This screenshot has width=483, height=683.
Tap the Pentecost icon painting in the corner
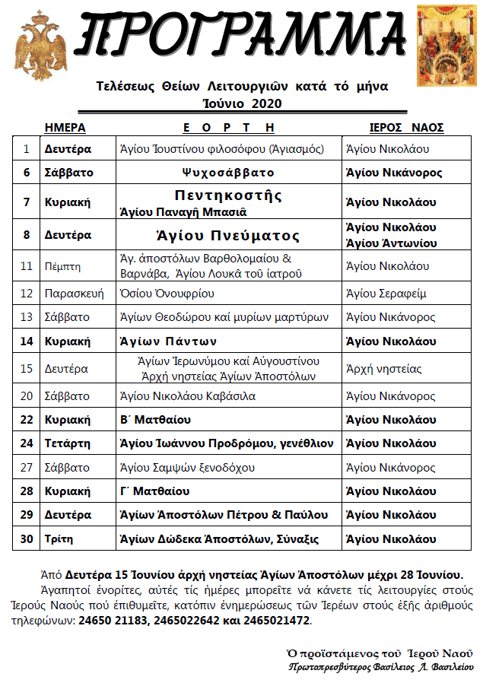(448, 44)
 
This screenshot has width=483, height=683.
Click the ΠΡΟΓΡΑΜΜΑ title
(241, 37)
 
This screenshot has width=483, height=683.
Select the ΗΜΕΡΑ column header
(65, 127)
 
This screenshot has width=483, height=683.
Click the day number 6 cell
(27, 173)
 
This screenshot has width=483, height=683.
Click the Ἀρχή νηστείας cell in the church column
(383, 369)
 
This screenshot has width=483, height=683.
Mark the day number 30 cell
(27, 539)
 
